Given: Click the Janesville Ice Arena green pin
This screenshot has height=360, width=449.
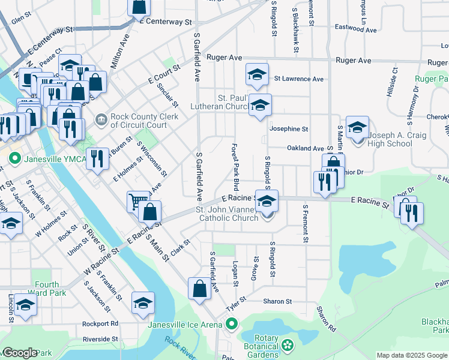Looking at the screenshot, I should click(231, 325).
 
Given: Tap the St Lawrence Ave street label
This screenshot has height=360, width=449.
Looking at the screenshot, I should click(298, 79).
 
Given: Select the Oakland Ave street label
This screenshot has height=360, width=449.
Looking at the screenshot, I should click(305, 148).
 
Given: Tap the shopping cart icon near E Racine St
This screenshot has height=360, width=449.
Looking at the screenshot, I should click(137, 201).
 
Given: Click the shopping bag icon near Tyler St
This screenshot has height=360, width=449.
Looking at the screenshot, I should click(199, 289).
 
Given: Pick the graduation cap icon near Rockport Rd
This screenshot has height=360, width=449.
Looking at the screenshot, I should click(143, 302).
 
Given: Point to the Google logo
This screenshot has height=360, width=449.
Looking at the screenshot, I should click(20, 353).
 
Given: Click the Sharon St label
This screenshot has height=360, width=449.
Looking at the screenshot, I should click(276, 301).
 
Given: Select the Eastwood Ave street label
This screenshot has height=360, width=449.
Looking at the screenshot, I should click(355, 28).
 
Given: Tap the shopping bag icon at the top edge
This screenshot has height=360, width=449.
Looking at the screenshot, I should click(139, 6).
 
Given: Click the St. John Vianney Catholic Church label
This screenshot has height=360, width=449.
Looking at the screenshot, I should click(228, 214).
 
